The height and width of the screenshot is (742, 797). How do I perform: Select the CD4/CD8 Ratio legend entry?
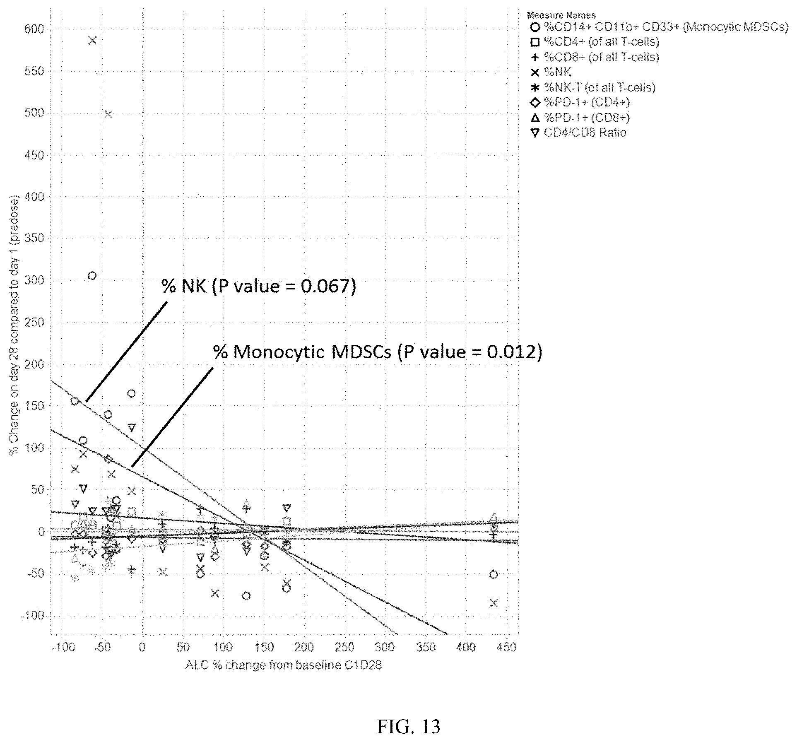tap(578, 133)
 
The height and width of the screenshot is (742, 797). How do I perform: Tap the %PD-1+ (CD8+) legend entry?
tap(580, 118)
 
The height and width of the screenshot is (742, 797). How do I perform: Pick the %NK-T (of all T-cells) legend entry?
tap(593, 87)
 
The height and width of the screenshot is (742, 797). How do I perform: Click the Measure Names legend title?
tap(561, 15)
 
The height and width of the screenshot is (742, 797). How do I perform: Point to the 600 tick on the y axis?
tap(34, 29)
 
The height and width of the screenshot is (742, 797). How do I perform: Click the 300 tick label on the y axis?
tap(34, 280)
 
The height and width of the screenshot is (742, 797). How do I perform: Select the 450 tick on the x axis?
tap(506, 647)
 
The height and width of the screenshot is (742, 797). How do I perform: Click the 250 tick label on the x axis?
tap(344, 647)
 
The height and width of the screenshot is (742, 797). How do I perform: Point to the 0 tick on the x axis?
tap(142, 647)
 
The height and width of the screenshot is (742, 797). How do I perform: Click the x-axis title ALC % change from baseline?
tap(283, 665)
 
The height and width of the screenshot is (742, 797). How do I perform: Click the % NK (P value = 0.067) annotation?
tap(259, 286)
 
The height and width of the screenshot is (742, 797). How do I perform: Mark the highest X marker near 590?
tap(92, 40)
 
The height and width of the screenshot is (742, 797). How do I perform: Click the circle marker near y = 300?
tap(92, 276)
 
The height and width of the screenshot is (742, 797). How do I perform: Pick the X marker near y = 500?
tap(108, 114)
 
